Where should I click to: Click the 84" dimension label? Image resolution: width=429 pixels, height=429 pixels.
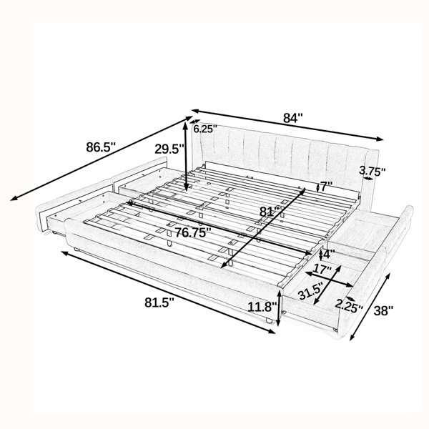tap(293, 118)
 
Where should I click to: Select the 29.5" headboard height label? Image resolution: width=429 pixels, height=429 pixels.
tap(169, 149)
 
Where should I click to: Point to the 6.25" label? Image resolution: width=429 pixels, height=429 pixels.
tap(205, 129)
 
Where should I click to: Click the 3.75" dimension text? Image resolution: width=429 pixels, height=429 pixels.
tap(372, 172)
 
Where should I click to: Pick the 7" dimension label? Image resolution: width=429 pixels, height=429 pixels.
tap(326, 187)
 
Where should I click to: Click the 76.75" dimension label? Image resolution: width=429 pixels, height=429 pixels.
tap(193, 232)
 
